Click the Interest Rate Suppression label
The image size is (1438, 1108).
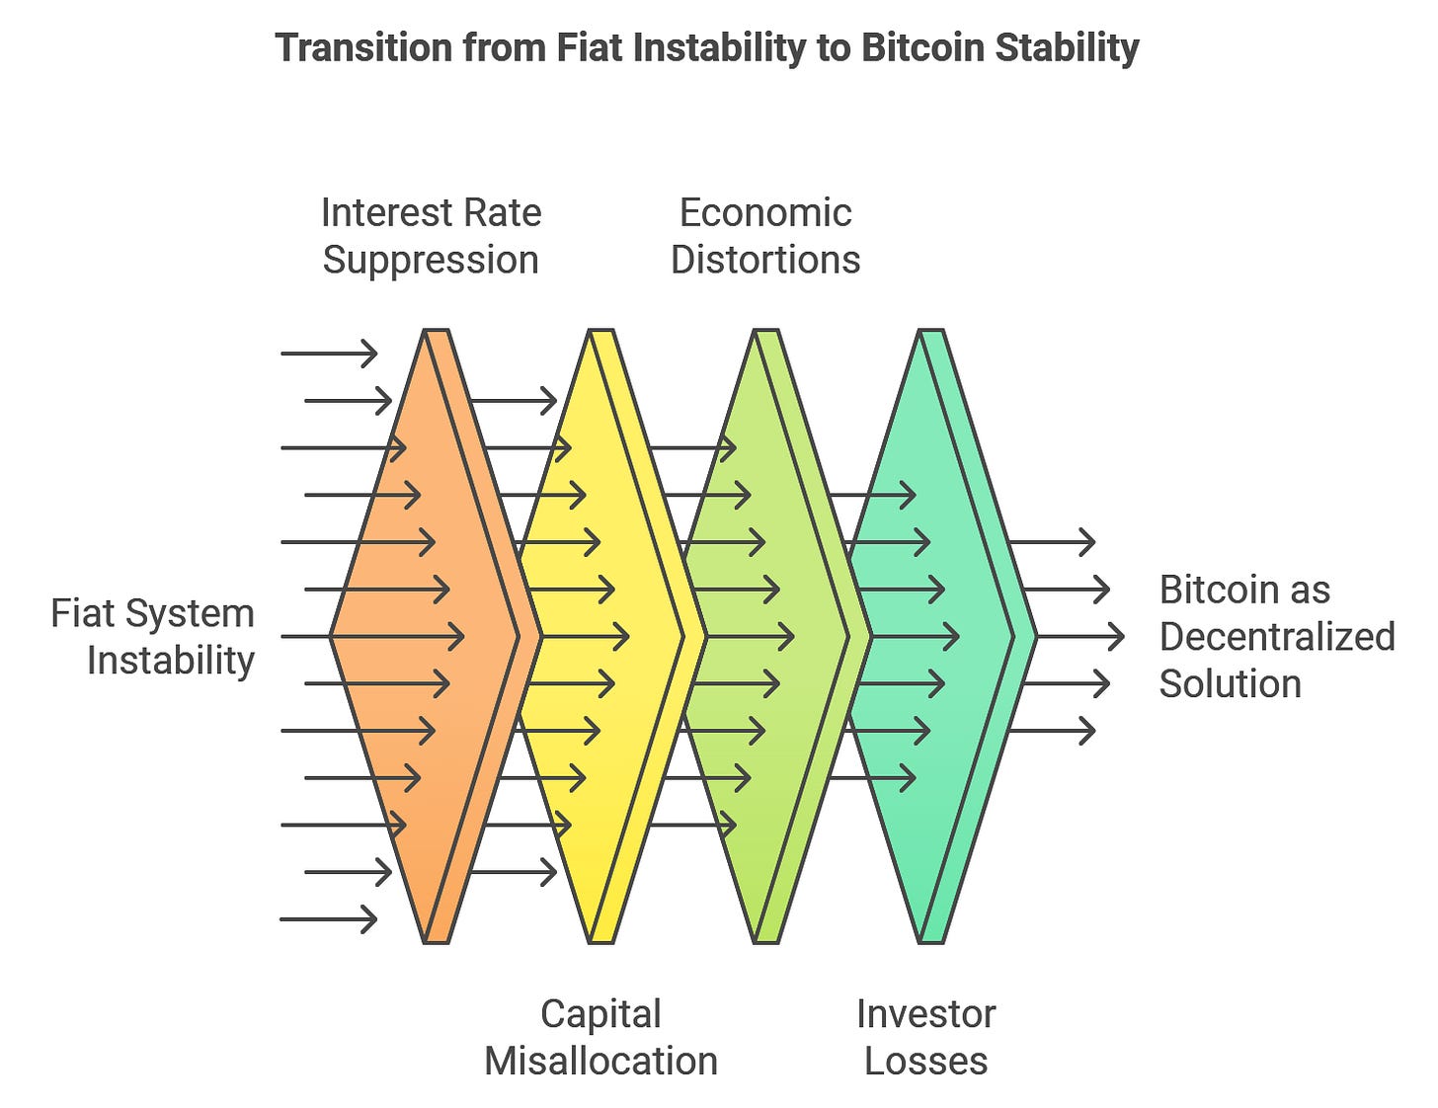click(431, 236)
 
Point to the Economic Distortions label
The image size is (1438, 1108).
click(765, 236)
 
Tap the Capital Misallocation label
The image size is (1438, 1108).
click(600, 1037)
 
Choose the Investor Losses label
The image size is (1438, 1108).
click(925, 1037)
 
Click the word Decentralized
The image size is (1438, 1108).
click(1276, 637)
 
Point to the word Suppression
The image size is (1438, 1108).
click(431, 260)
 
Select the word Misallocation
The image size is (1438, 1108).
click(600, 1061)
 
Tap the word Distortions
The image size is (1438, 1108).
click(765, 260)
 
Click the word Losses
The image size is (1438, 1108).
click(925, 1061)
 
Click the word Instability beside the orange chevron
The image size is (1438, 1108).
click(171, 661)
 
